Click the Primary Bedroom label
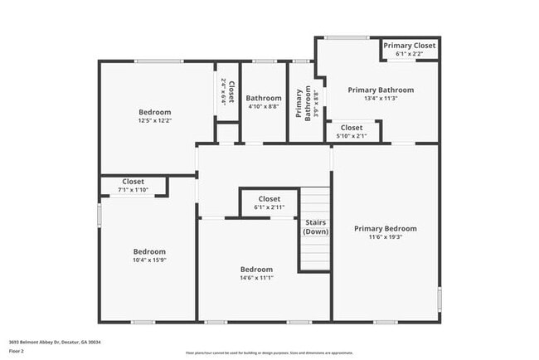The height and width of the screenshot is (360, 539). pyautogui.click(x=385, y=228)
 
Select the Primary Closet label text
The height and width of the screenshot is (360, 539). pyautogui.click(x=410, y=45)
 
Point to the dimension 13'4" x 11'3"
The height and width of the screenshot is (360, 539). pyautogui.click(x=381, y=99)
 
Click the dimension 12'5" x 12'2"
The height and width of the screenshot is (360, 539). pyautogui.click(x=155, y=121)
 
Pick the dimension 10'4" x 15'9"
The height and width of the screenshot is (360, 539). pyautogui.click(x=150, y=260)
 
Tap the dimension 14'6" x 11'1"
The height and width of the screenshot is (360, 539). pyautogui.click(x=256, y=278)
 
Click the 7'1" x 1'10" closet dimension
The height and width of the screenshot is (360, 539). pyautogui.click(x=133, y=191)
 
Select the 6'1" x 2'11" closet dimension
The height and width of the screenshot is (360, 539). pyautogui.click(x=269, y=207)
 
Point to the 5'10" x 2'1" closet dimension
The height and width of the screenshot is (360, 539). pyautogui.click(x=351, y=136)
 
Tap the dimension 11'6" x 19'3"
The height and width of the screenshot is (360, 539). pyautogui.click(x=385, y=237)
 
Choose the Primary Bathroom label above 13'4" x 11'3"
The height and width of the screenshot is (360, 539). pyautogui.click(x=381, y=90)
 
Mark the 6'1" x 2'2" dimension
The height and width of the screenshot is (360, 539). pyautogui.click(x=410, y=54)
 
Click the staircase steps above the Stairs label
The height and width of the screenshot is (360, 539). pyautogui.click(x=315, y=202)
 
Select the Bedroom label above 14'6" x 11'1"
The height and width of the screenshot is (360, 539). pyautogui.click(x=256, y=269)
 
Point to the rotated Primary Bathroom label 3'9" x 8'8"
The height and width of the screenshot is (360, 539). pyautogui.click(x=303, y=105)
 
